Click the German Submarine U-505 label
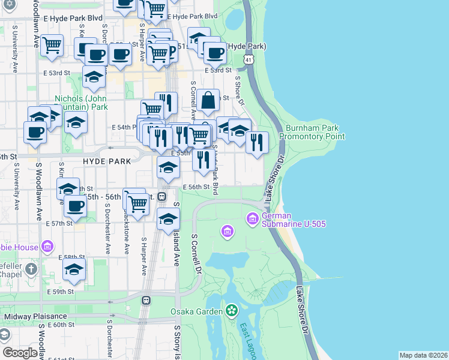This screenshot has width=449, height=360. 285,220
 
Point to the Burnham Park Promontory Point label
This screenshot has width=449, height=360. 315,132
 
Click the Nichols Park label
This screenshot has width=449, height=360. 81,103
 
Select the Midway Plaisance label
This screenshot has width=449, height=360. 35,316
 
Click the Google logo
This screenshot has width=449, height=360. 20,353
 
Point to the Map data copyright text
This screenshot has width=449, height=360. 423,355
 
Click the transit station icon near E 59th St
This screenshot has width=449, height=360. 145,300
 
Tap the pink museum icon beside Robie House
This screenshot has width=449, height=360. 47,247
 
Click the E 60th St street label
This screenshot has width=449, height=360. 60,325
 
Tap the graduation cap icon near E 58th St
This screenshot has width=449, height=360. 74,270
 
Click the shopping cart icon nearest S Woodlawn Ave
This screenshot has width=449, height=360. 52,45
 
